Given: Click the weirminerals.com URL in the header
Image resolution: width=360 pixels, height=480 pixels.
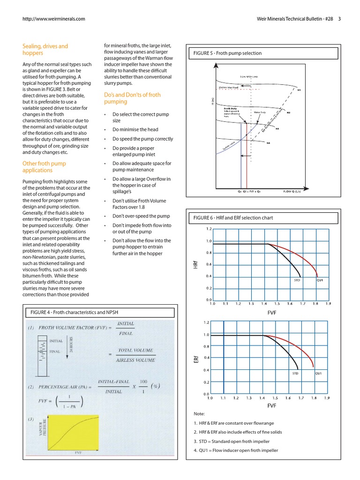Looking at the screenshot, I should [x=54, y=19].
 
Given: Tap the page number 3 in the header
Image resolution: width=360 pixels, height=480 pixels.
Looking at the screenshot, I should [x=339, y=19].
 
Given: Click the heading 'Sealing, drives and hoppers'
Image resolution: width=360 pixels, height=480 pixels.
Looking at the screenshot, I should [x=45, y=50].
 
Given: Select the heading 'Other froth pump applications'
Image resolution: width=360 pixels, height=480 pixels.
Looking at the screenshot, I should [x=44, y=167].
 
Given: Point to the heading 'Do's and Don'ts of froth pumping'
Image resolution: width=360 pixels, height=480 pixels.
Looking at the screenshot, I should [x=132, y=98].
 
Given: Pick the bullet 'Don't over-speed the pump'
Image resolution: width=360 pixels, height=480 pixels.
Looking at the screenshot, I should [x=141, y=216].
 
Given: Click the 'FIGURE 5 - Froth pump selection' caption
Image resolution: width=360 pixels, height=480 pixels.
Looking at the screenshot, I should [x=227, y=53].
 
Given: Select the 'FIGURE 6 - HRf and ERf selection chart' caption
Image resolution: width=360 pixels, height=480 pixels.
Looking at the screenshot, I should [x=233, y=218].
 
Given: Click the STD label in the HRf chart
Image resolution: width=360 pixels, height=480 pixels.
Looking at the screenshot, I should [x=297, y=280].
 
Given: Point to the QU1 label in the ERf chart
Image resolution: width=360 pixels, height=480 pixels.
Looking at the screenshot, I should [x=318, y=374].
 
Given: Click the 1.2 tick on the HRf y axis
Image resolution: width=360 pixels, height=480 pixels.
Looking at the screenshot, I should [x=209, y=229].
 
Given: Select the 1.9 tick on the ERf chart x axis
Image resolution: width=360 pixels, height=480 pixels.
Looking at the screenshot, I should [x=327, y=398].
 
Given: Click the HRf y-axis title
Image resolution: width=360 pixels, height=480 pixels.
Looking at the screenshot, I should [x=195, y=265].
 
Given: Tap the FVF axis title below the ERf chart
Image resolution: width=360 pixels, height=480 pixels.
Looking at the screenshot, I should [x=271, y=405].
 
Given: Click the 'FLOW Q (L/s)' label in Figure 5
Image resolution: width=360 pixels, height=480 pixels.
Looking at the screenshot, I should [x=292, y=192].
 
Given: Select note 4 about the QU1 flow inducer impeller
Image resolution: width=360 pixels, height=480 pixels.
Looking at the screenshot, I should [x=236, y=450].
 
